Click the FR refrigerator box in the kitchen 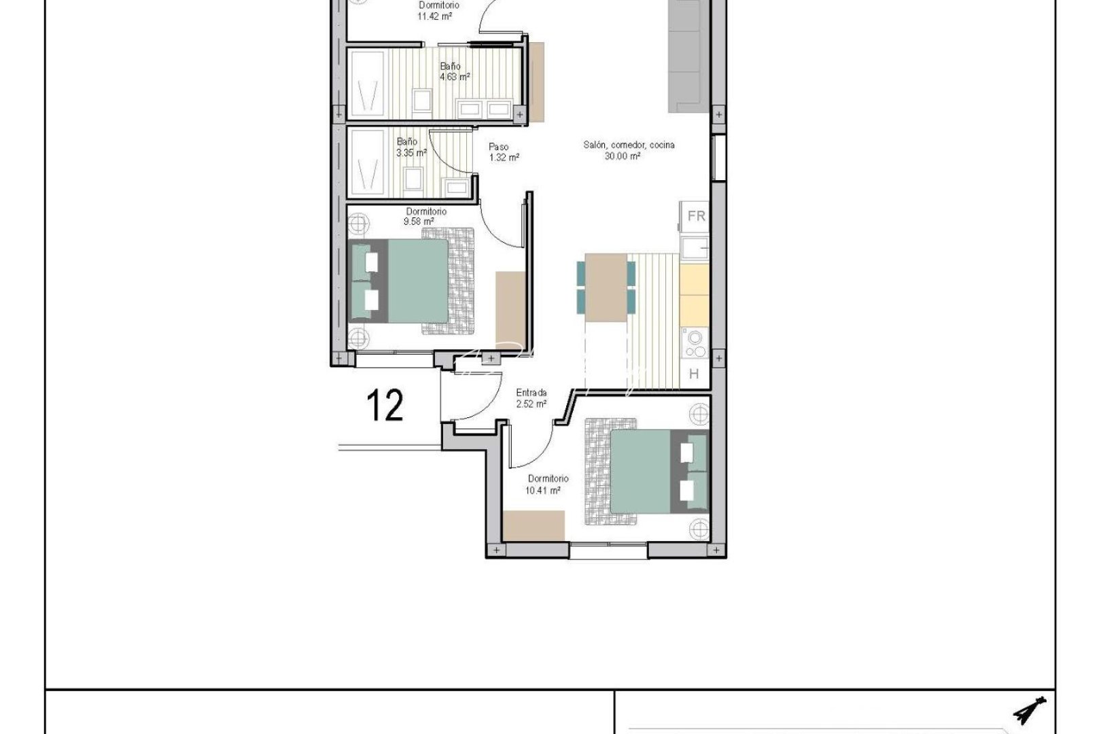coord(695,216)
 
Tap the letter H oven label coord(694,374)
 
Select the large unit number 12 coord(385,406)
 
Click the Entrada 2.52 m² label coord(531,398)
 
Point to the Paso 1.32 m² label coord(504,152)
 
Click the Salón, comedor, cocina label coord(629,150)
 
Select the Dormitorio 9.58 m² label coord(425,216)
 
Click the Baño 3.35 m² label coord(410,147)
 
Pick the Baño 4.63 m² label coord(453,71)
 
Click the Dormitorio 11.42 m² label coord(438,10)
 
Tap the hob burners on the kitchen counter coord(695,343)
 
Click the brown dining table coord(606,287)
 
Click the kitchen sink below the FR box coord(695,248)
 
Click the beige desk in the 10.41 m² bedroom coord(534,525)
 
